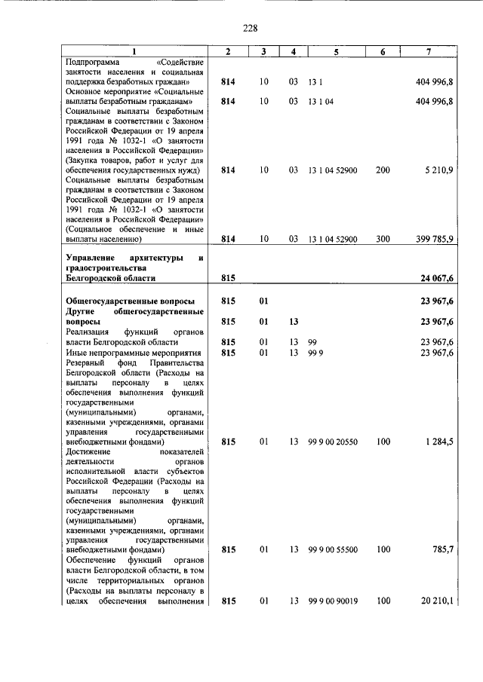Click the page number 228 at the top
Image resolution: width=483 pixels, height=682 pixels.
[251, 29]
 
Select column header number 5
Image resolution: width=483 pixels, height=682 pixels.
[336, 51]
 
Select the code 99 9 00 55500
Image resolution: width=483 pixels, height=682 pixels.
[333, 550]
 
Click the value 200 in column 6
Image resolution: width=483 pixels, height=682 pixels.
[383, 170]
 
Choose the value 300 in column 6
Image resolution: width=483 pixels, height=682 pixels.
[383, 239]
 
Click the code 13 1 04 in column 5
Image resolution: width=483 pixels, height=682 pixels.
[320, 101]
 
